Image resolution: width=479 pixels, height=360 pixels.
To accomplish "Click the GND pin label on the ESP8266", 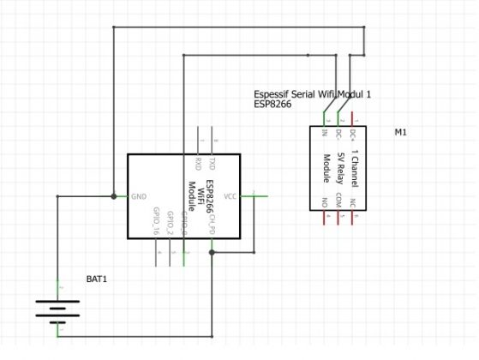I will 139,196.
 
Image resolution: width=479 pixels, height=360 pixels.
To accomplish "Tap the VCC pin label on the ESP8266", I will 230,196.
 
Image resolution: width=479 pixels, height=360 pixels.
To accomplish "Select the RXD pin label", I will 198,164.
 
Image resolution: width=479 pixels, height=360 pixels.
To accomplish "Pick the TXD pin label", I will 213,164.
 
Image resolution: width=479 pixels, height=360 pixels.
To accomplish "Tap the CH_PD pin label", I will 212,223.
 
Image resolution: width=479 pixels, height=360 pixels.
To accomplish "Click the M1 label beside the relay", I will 400,134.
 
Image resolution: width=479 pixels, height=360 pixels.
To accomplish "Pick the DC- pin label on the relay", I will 339,135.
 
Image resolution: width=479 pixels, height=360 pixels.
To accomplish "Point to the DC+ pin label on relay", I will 356,135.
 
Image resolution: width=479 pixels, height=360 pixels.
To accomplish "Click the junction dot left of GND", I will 114,196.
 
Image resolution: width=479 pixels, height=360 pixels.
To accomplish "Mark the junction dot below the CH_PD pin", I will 212,253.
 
